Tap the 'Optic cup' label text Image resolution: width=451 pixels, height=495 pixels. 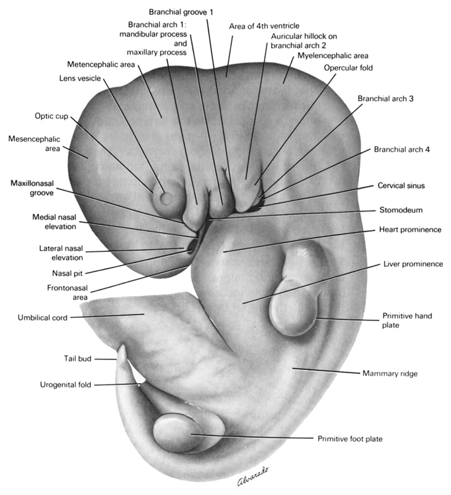[51, 116]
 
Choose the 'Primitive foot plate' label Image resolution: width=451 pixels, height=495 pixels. [350, 439]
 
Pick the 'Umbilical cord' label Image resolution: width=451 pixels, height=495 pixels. [43, 318]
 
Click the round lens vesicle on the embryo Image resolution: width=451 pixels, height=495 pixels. [166, 198]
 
